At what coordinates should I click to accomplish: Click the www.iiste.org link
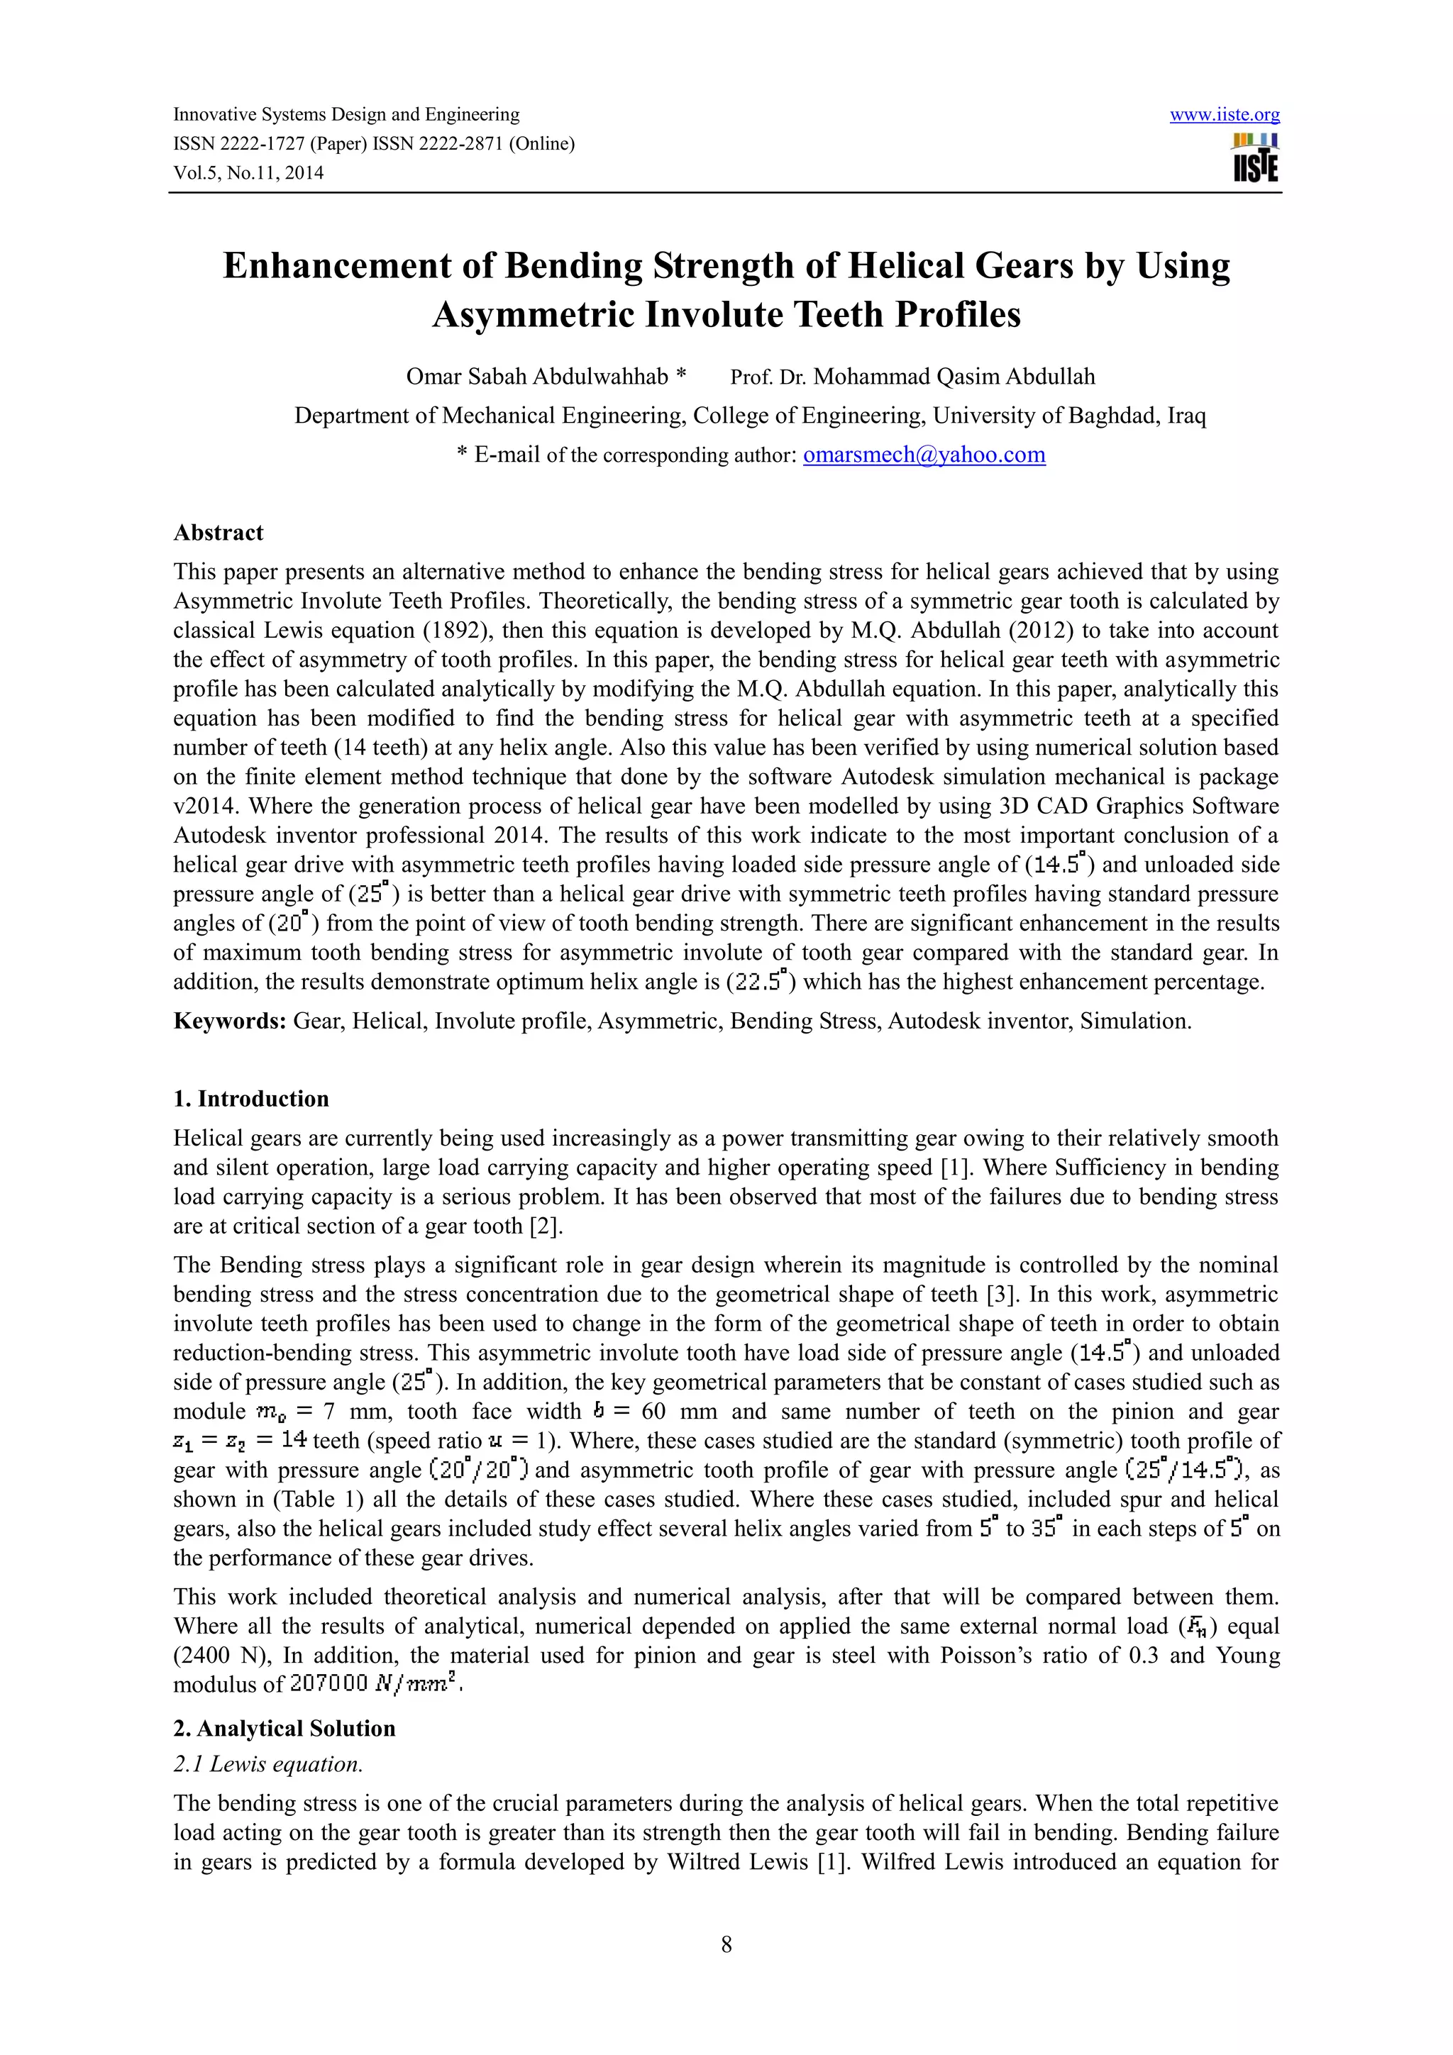[1224, 115]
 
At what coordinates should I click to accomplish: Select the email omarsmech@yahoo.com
[924, 455]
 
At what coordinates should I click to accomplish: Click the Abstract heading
[219, 533]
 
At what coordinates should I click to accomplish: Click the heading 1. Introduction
[250, 1098]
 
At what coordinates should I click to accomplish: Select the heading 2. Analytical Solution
[284, 1727]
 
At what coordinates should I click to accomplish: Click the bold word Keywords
[229, 1021]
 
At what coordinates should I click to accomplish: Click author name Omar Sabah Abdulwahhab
[537, 377]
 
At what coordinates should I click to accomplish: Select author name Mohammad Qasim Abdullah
[954, 377]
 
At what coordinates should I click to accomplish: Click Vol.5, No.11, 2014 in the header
[248, 173]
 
